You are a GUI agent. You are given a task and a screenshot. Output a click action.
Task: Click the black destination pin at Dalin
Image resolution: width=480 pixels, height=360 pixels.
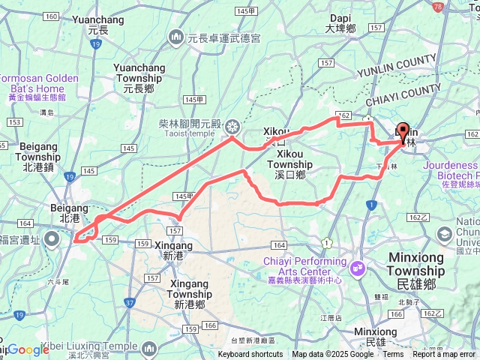(403, 133)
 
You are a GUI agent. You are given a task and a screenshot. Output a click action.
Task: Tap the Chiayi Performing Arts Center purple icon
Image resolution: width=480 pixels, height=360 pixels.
(357, 266)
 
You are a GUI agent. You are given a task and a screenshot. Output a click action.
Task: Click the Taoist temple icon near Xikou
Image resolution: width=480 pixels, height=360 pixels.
(232, 125)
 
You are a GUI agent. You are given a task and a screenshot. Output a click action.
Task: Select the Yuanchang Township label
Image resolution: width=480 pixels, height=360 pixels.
(139, 73)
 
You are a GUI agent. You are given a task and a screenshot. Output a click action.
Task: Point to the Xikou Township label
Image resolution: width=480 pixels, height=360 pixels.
(289, 169)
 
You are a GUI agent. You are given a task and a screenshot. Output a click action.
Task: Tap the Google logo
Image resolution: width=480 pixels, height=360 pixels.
(28, 349)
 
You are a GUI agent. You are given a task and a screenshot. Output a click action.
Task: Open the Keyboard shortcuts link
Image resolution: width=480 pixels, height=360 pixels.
(250, 355)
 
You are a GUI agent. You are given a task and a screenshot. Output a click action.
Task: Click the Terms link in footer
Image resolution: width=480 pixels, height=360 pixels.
(393, 355)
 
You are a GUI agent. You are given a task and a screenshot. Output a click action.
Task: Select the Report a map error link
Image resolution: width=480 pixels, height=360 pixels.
(445, 355)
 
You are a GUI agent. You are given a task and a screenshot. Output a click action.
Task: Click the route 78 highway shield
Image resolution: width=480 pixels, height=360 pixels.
(437, 6)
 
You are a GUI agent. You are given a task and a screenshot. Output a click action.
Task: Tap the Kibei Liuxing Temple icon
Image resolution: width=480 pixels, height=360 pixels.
(148, 348)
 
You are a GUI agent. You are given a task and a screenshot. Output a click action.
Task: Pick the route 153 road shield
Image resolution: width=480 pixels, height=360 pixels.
(14, 122)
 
